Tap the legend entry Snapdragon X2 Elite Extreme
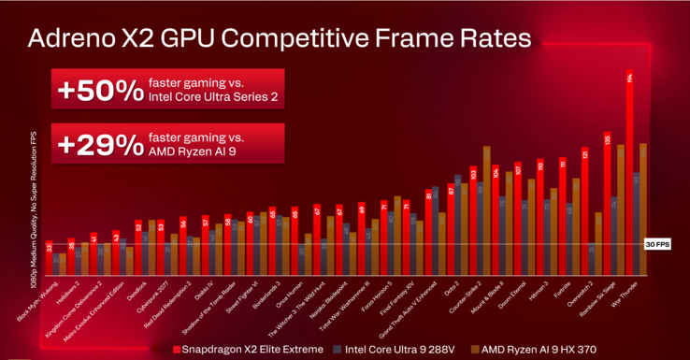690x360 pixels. tap(248, 349)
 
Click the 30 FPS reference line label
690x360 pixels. tap(657, 245)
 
